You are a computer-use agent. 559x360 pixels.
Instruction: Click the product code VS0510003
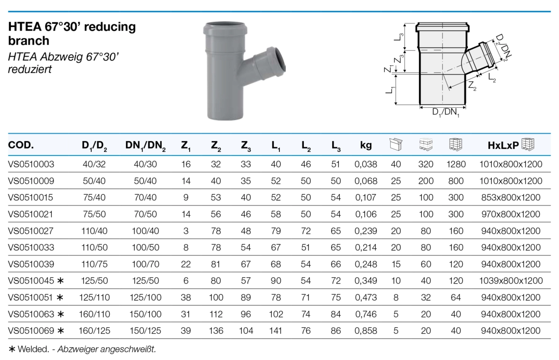point(31,164)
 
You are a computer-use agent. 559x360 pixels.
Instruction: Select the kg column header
point(366,145)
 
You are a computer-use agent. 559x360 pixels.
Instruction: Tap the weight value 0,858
point(366,330)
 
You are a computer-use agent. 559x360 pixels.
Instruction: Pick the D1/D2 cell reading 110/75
point(94,264)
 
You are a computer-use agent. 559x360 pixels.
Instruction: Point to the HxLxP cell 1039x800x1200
point(511,281)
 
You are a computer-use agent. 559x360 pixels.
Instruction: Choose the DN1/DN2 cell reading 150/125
point(145,330)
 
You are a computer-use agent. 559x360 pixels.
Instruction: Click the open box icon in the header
point(396,145)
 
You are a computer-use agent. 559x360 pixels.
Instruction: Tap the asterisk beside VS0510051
point(60,297)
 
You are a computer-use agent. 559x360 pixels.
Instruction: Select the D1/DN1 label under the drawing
point(446,112)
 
